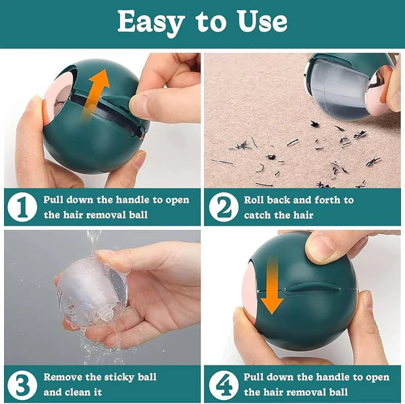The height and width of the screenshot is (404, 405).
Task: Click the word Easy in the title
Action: pyautogui.click(x=151, y=23)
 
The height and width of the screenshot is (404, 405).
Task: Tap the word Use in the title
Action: pyautogui.click(x=263, y=22)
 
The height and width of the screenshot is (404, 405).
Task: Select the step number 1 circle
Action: pyautogui.click(x=22, y=207)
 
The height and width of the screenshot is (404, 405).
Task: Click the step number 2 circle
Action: pyautogui.click(x=223, y=207)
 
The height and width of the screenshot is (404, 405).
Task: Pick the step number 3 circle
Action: pyautogui.click(x=22, y=384)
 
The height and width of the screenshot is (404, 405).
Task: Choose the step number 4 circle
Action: pyautogui.click(x=223, y=384)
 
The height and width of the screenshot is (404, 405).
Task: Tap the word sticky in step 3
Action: pyautogui.click(x=119, y=378)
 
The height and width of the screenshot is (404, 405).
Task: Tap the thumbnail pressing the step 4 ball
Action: pyautogui.click(x=321, y=249)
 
